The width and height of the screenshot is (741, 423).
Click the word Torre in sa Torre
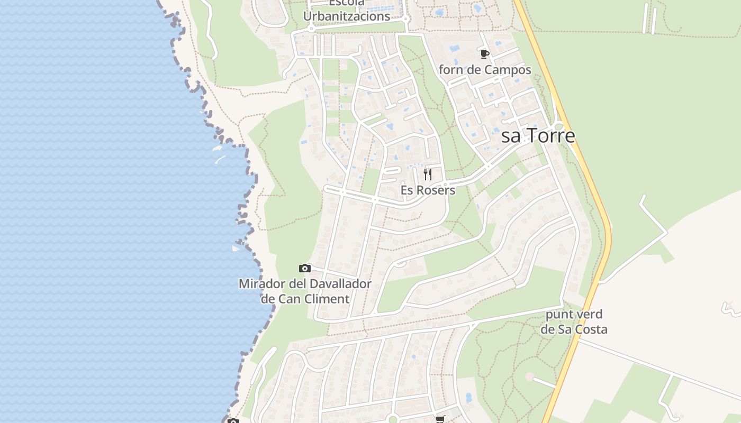coord(549,136)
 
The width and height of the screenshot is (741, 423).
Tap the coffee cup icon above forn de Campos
coord(484,54)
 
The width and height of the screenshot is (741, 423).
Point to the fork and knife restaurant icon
coord(428,174)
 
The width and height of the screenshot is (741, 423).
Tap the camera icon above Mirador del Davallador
coord(304,268)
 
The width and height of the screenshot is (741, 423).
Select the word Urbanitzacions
coord(347,16)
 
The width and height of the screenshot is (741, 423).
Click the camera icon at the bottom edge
coord(233,421)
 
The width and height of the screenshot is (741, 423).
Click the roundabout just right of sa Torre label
coord(558,126)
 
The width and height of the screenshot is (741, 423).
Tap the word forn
coord(450,70)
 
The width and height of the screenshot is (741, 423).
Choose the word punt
coord(557,315)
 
